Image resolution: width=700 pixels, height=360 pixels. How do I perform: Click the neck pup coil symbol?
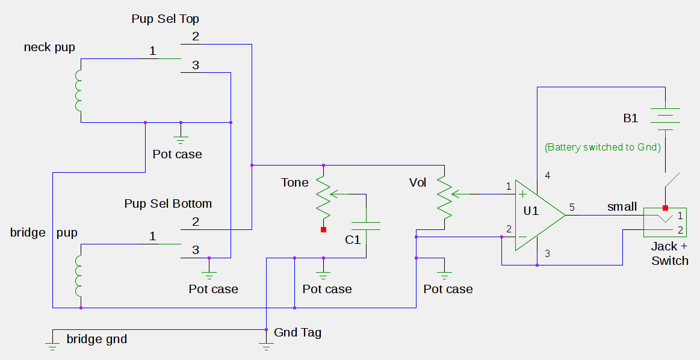click(78, 91)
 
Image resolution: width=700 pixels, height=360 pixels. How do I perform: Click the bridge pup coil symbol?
click(78, 276)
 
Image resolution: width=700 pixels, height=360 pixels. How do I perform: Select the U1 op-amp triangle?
click(540, 216)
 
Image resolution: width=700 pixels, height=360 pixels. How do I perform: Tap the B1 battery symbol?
click(665, 119)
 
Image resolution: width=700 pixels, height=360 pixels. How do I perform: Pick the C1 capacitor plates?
click(366, 226)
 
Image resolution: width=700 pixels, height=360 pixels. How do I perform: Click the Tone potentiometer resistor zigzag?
click(323, 197)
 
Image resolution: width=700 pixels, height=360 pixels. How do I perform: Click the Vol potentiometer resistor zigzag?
click(444, 197)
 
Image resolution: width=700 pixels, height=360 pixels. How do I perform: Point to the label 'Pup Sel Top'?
click(165, 19)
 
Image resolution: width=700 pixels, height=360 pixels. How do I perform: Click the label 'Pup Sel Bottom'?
click(168, 203)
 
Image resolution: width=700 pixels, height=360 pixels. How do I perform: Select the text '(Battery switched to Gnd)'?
click(602, 147)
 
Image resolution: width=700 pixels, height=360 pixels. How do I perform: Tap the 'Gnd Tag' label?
click(297, 332)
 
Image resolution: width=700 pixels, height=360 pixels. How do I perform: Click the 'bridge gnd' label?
click(97, 339)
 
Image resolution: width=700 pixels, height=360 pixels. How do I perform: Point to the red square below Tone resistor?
click(323, 229)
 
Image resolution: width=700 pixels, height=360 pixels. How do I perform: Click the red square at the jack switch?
click(665, 208)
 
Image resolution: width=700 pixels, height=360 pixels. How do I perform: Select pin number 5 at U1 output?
click(572, 207)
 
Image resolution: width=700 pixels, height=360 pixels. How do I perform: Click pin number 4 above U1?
click(547, 175)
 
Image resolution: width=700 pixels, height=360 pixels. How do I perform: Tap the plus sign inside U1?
click(523, 194)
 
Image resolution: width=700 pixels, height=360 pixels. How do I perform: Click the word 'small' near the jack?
click(622, 207)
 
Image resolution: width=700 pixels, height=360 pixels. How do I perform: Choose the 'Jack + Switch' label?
click(669, 253)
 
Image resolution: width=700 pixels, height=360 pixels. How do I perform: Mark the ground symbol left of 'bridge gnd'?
click(52, 346)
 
